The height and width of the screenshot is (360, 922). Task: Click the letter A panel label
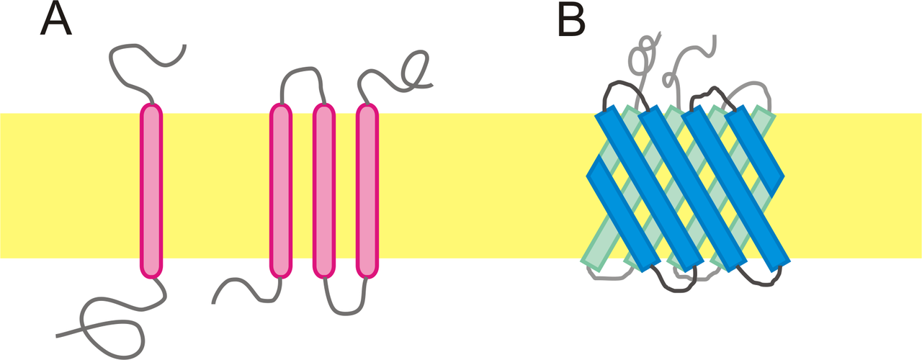coord(55,20)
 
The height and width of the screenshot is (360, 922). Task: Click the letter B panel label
coord(572,20)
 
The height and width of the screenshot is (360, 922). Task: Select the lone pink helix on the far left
coord(151,191)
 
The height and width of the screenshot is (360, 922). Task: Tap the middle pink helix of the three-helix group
coord(324,191)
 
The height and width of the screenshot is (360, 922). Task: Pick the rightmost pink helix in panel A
coord(367,191)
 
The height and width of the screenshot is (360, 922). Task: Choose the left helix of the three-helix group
coord(281,191)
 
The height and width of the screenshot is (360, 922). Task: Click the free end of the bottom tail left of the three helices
coord(215,301)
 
